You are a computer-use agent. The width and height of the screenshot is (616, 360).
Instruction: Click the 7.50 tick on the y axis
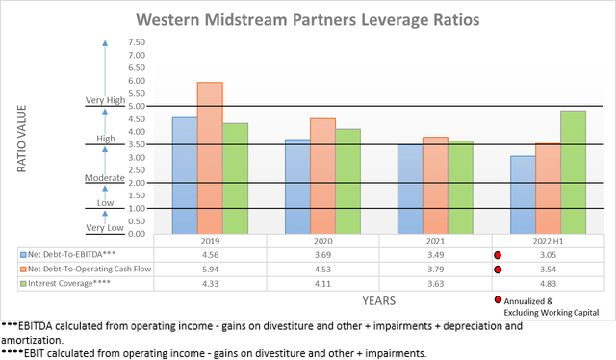point(135,42)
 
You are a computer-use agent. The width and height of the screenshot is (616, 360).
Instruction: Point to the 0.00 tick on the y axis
point(135,234)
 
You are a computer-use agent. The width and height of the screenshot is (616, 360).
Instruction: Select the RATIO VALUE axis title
point(21,141)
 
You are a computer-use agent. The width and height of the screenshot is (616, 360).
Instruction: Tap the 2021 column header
point(436,241)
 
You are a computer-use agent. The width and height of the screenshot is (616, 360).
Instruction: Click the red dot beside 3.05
point(499,255)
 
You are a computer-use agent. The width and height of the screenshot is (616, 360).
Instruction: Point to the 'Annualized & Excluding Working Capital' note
point(557,306)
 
